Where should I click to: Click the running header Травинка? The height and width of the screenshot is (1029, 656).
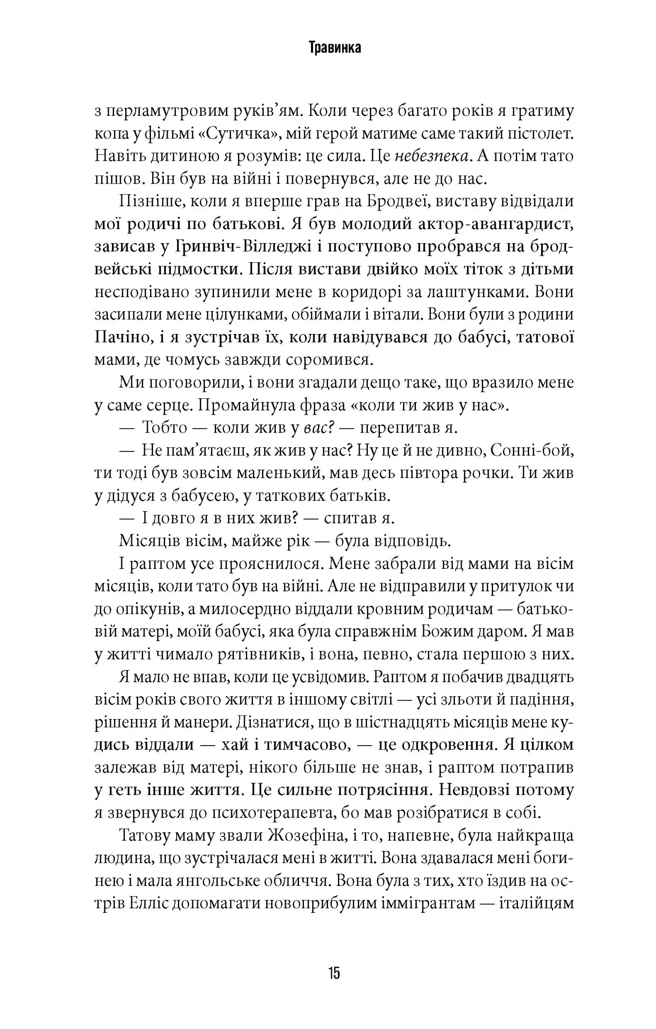point(334,48)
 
